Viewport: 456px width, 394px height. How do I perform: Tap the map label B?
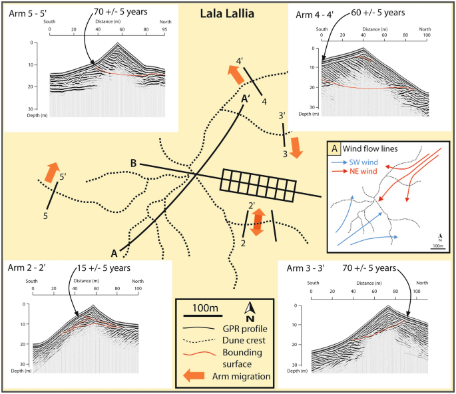(134, 164)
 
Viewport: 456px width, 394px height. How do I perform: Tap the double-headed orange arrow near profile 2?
(259, 222)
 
